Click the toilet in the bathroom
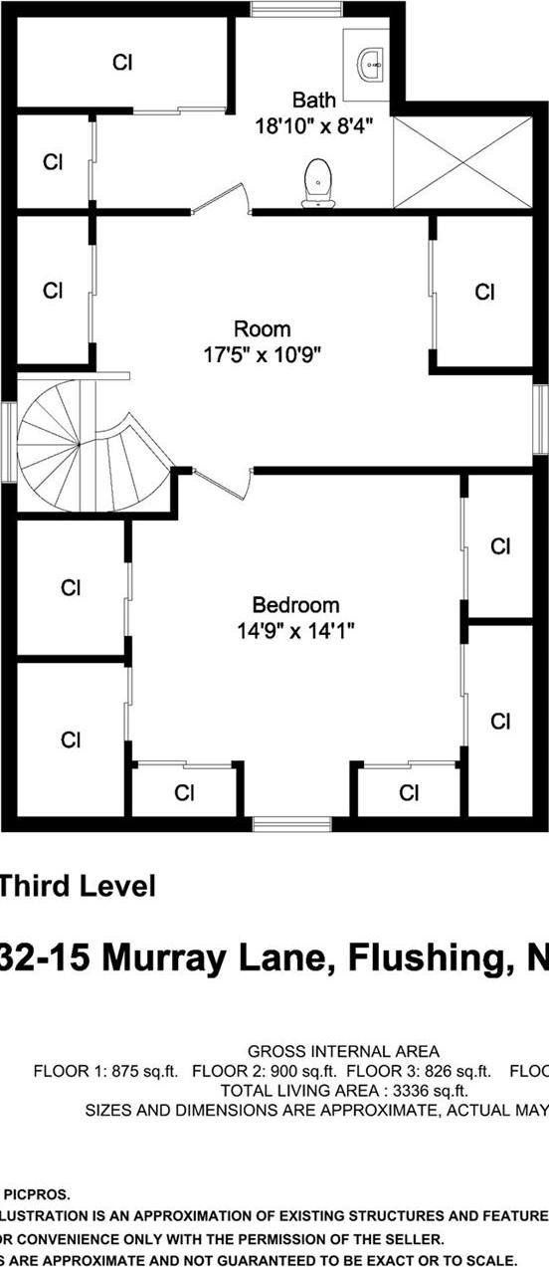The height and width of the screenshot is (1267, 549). [x=317, y=182]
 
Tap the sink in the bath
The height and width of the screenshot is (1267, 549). [x=371, y=64]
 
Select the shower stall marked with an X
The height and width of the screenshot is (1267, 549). [x=463, y=160]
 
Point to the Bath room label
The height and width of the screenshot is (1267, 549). [x=314, y=100]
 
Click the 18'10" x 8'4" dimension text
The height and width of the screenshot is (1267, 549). [x=314, y=125]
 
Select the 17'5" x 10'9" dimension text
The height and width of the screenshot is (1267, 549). [x=263, y=353]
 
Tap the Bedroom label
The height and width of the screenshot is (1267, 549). [x=295, y=604]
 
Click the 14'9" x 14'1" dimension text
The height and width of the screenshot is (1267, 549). [x=295, y=630]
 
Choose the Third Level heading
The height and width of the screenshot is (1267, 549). [x=78, y=886]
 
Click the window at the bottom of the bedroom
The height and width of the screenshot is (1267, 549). [x=291, y=823]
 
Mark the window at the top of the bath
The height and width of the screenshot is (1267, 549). [x=277, y=10]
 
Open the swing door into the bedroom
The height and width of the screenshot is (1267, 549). [x=221, y=486]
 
